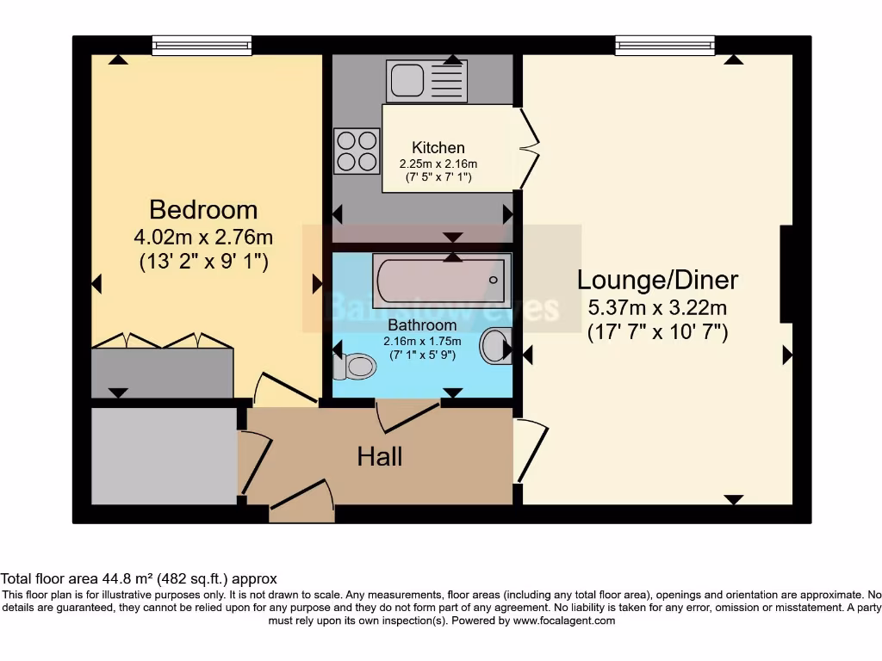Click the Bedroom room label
coord(203,209)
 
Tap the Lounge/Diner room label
coord(657,280)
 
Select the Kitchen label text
coord(438,148)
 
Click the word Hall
coord(380,456)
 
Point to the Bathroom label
coord(422,325)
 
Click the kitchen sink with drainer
coord(427,81)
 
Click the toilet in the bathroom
coord(355,367)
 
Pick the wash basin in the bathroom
coord(494,346)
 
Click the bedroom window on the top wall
coord(202,45)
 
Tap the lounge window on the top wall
coord(665,45)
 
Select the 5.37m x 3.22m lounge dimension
coord(657,307)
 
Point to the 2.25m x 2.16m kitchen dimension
coord(438,164)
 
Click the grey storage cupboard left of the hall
coord(164,456)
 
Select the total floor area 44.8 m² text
coord(139,579)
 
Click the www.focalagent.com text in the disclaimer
coord(565,620)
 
